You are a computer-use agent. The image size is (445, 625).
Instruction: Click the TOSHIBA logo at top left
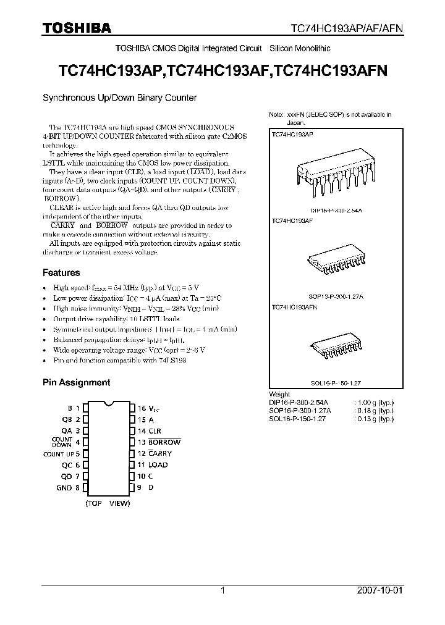[77, 28]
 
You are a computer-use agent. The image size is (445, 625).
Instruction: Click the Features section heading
[61, 272]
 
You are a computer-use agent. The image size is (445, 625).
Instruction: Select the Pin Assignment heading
[76, 382]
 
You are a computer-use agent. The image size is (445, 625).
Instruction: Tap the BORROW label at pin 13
[164, 442]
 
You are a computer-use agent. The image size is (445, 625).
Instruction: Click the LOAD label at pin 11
[158, 464]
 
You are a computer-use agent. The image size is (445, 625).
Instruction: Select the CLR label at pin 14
[155, 430]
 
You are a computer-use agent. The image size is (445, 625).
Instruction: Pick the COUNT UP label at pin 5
[58, 453]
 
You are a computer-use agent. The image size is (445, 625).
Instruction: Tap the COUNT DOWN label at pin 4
[62, 442]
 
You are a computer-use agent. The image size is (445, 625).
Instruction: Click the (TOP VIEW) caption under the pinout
[108, 503]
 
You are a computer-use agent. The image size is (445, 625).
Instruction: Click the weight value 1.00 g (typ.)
[374, 402]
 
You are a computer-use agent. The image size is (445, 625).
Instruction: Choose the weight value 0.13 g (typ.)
[374, 418]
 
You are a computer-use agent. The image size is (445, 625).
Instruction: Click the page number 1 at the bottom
[222, 590]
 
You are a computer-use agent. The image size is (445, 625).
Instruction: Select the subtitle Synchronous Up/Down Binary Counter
[119, 98]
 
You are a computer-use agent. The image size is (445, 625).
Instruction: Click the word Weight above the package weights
[280, 394]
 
